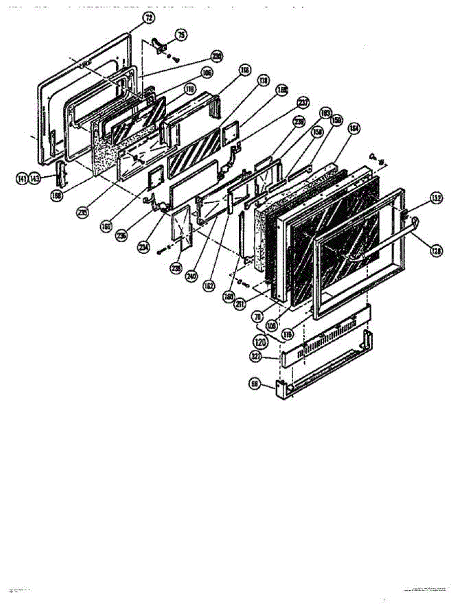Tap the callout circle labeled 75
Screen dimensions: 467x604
point(180,35)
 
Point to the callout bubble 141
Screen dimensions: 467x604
point(22,179)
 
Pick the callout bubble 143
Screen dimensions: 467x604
point(34,179)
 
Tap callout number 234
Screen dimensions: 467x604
point(144,248)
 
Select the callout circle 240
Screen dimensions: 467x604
point(191,276)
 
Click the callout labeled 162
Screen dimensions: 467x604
point(209,286)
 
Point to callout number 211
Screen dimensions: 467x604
point(241,303)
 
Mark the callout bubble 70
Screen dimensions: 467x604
point(257,318)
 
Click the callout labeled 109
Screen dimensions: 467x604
point(272,326)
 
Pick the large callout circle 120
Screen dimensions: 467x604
point(260,344)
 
